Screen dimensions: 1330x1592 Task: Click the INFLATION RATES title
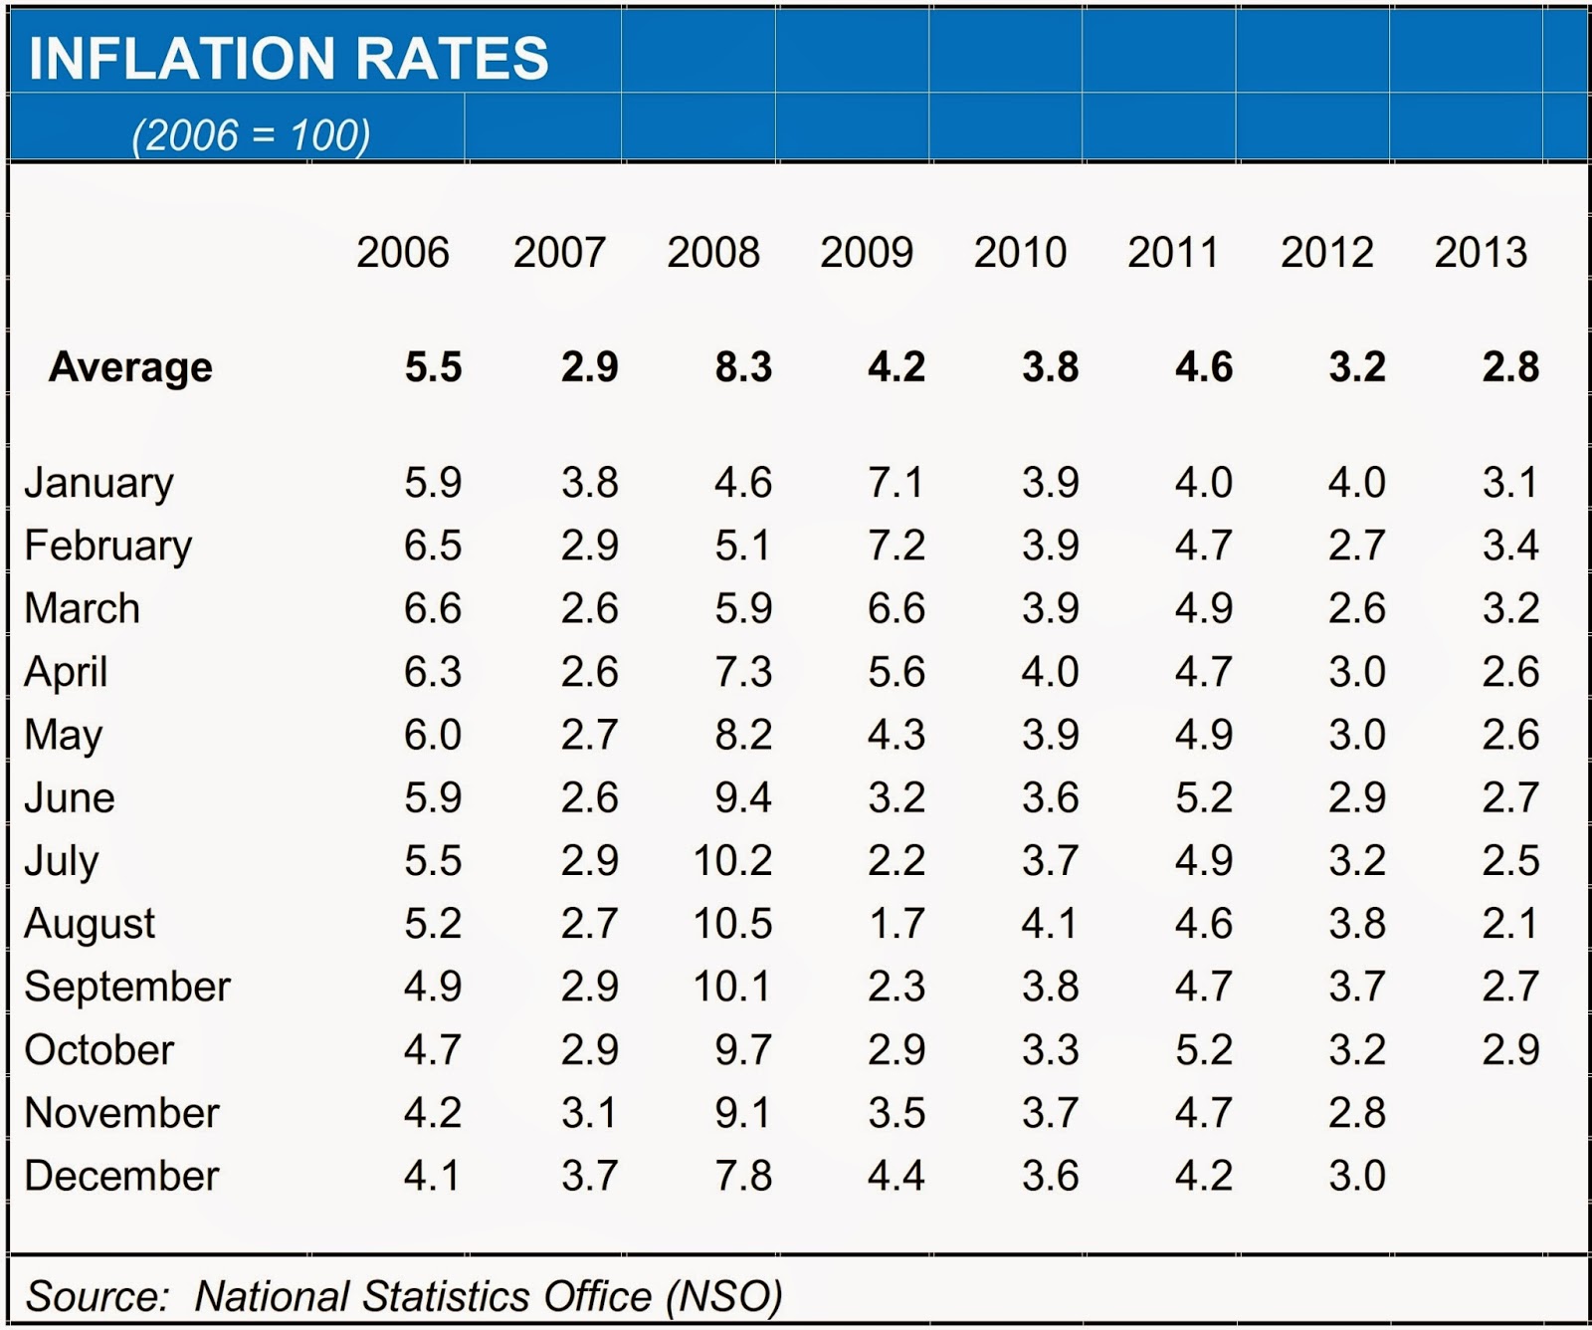point(289,58)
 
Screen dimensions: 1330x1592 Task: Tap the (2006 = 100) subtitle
point(251,134)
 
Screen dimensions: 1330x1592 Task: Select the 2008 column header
point(713,253)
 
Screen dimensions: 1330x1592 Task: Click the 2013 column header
point(1481,253)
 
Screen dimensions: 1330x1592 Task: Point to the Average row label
point(130,367)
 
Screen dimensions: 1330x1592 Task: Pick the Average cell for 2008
point(743,367)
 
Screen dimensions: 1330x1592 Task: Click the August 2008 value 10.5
point(733,924)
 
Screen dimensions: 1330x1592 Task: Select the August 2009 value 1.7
point(896,924)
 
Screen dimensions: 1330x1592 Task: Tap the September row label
point(127,987)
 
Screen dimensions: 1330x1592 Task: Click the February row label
point(107,546)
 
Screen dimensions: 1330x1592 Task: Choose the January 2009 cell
point(896,483)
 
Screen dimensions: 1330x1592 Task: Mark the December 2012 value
point(1357,1176)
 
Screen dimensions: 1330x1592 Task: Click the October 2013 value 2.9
point(1510,1050)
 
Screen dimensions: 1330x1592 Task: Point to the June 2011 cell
point(1204,797)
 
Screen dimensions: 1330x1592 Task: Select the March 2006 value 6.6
point(433,608)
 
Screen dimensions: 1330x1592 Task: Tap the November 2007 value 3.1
point(589,1113)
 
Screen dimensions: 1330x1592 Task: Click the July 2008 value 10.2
point(733,860)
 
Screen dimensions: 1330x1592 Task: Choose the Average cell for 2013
point(1510,367)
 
